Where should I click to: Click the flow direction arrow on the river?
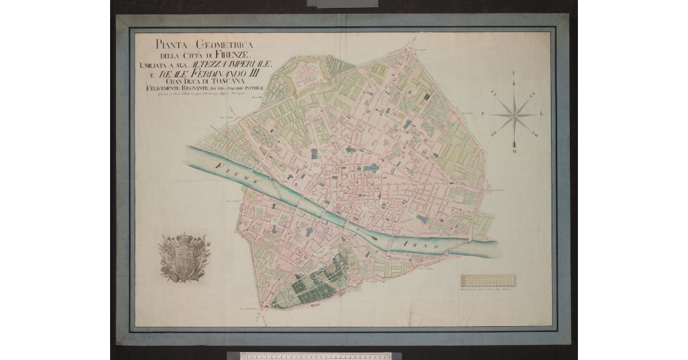368,232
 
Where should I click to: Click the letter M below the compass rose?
514,151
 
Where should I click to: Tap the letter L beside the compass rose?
542,114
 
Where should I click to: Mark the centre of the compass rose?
514,115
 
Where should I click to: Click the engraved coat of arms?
184,258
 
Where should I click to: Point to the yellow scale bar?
488,280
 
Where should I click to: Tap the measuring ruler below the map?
315,355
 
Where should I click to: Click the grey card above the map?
342,3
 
